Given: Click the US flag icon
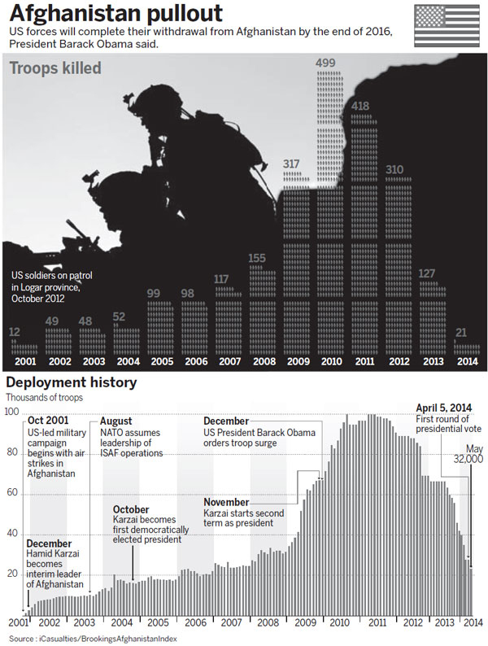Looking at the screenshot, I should click(x=447, y=26).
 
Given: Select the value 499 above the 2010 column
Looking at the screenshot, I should click(x=326, y=63).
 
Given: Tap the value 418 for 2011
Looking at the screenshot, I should click(x=361, y=106).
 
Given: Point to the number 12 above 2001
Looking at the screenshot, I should click(x=15, y=332).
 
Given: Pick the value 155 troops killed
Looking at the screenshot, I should click(x=257, y=259).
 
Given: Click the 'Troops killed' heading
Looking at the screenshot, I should click(x=55, y=68).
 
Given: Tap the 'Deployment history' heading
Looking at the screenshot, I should click(x=72, y=382).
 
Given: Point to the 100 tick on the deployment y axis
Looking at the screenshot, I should click(x=12, y=412).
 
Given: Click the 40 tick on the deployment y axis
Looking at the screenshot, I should click(x=12, y=533).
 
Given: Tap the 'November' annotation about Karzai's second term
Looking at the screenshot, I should click(x=226, y=502).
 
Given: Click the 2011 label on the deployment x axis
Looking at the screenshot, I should click(x=376, y=622).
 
